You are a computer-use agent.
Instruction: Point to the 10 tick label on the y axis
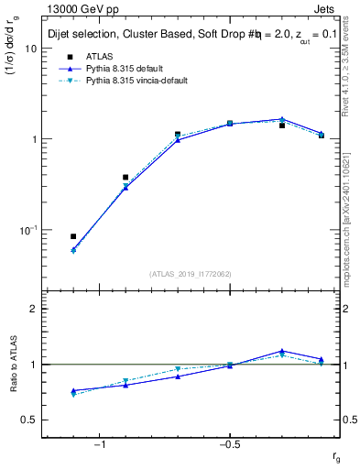pos(29,49)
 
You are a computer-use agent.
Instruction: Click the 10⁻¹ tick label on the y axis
pos(27,230)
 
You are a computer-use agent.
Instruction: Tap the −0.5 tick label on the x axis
pos(228,444)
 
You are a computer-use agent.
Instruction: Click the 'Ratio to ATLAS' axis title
pos(15,364)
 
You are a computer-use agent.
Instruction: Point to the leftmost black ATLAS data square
pos(73,236)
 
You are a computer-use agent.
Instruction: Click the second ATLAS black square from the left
pos(125,177)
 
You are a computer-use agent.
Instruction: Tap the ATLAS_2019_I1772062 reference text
pos(191,273)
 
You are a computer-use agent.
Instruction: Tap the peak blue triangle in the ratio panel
pos(282,351)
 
